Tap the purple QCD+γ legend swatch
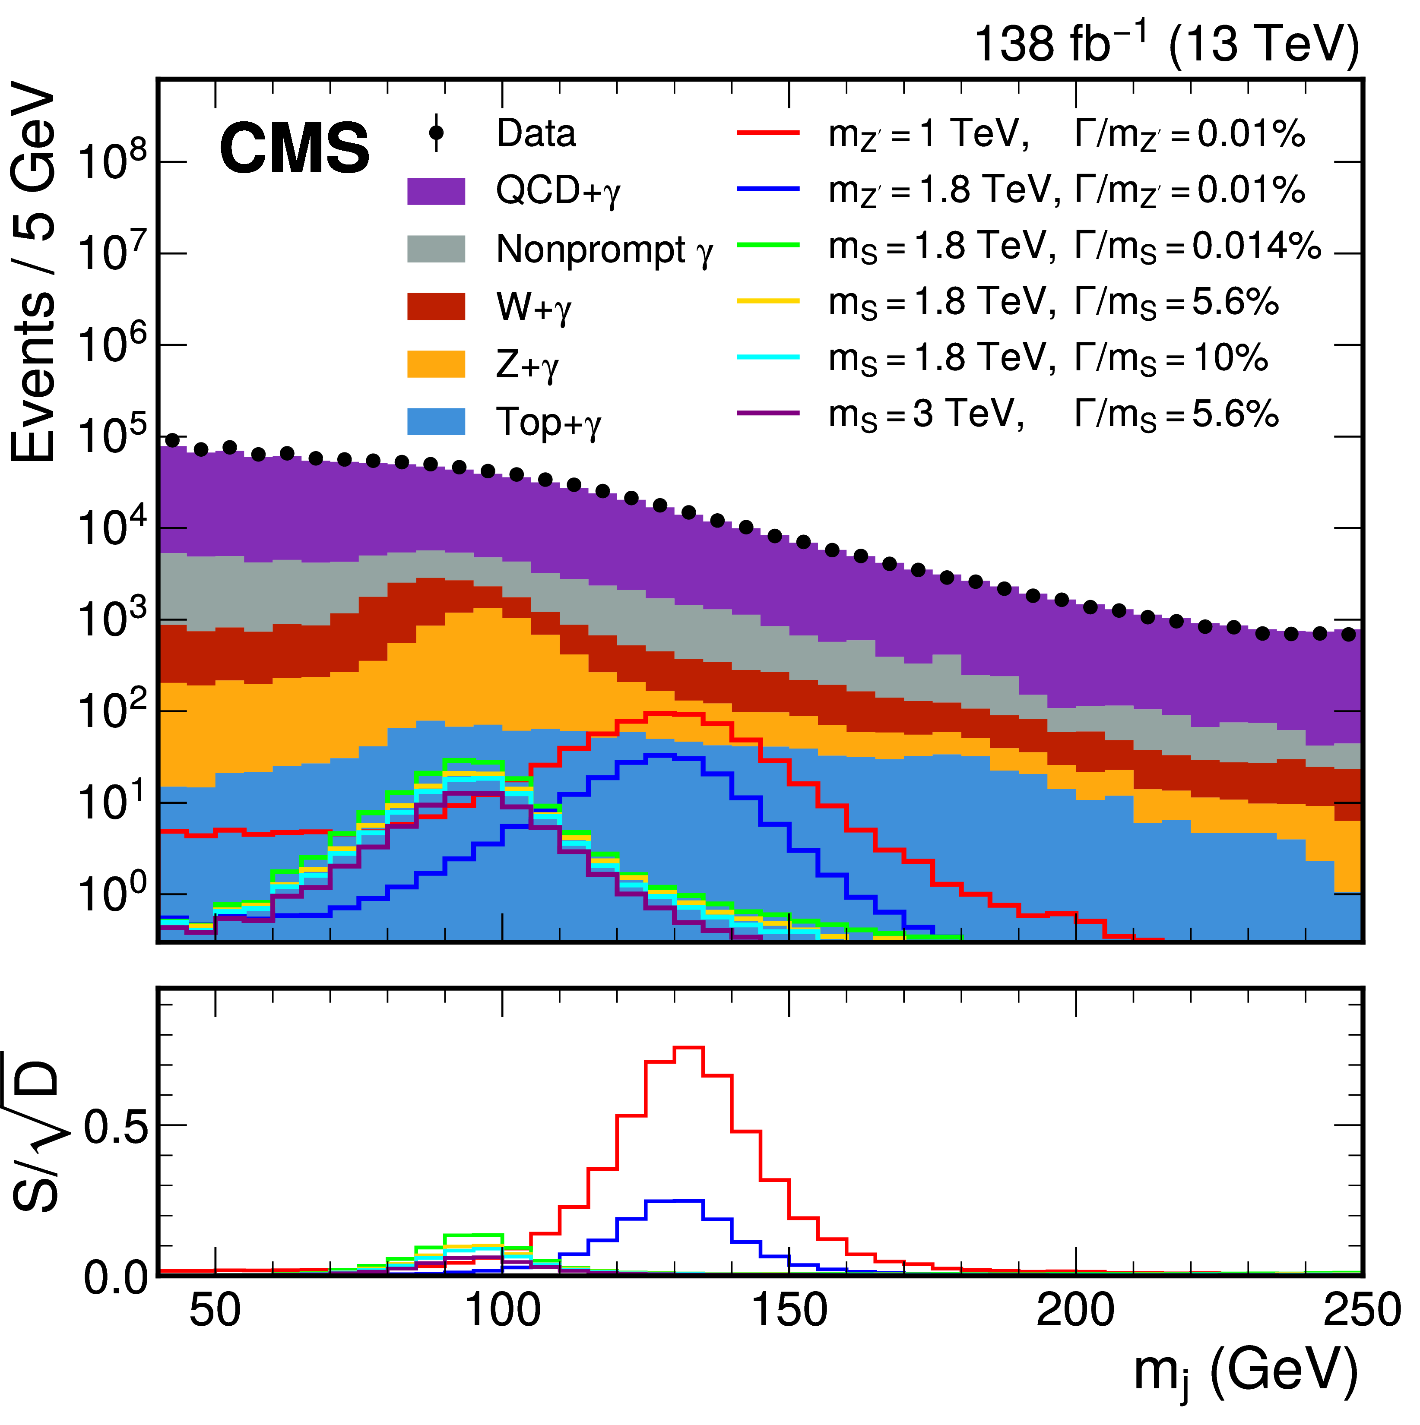click(x=436, y=191)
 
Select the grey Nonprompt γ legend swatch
click(x=436, y=250)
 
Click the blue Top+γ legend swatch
click(x=436, y=422)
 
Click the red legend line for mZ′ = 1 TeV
click(x=768, y=133)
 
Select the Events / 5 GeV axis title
click(x=33, y=273)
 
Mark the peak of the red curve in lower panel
click(x=688, y=1047)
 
